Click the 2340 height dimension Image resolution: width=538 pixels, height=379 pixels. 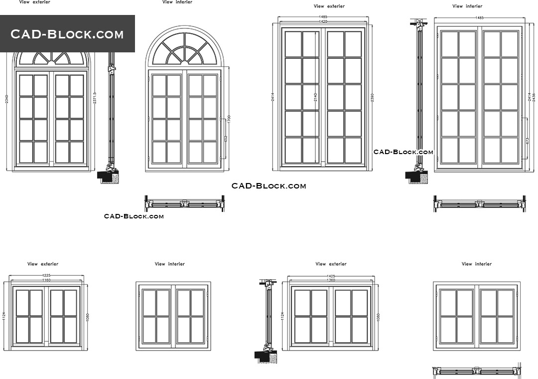pyautogui.click(x=6, y=100)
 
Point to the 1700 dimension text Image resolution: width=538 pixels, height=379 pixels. pyautogui.click(x=229, y=120)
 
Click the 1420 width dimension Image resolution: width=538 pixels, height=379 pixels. pyautogui.click(x=323, y=22)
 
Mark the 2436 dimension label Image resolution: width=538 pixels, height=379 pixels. pyautogui.click(x=534, y=98)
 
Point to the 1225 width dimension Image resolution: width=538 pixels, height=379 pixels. pyautogui.click(x=46, y=275)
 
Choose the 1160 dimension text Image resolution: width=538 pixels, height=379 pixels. pyautogui.click(x=46, y=280)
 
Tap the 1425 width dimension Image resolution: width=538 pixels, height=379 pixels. pyautogui.click(x=331, y=276)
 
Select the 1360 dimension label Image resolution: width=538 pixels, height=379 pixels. pyautogui.click(x=331, y=280)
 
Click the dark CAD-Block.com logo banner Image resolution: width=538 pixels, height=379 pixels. pyautogui.click(x=67, y=34)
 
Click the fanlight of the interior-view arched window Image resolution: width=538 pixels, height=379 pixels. pyautogui.click(x=185, y=49)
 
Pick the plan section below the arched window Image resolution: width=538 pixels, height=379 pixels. pyautogui.click(x=184, y=203)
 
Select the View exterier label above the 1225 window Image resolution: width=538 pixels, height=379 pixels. pyautogui.click(x=43, y=264)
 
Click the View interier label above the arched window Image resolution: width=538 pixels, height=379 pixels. pyautogui.click(x=177, y=2)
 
